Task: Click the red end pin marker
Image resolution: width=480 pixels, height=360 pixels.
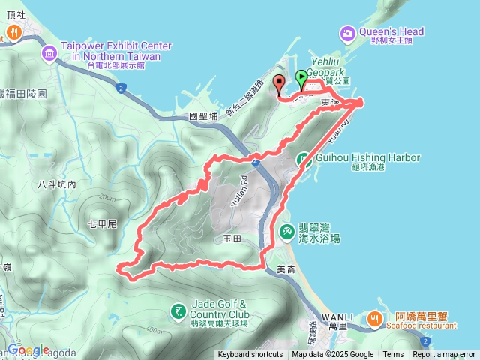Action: point(279,84)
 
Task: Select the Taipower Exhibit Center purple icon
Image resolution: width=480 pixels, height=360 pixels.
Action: point(49,52)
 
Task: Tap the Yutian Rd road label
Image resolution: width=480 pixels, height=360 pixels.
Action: point(244,185)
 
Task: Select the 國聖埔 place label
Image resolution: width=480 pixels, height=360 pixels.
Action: point(203,116)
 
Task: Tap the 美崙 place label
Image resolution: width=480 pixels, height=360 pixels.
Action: point(286,269)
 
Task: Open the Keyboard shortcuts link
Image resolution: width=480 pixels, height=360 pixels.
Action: point(250,355)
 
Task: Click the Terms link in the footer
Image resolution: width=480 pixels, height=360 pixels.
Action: point(393,355)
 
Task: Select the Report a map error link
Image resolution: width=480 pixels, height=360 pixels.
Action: point(444,355)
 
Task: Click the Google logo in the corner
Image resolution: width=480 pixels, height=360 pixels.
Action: point(28,349)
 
